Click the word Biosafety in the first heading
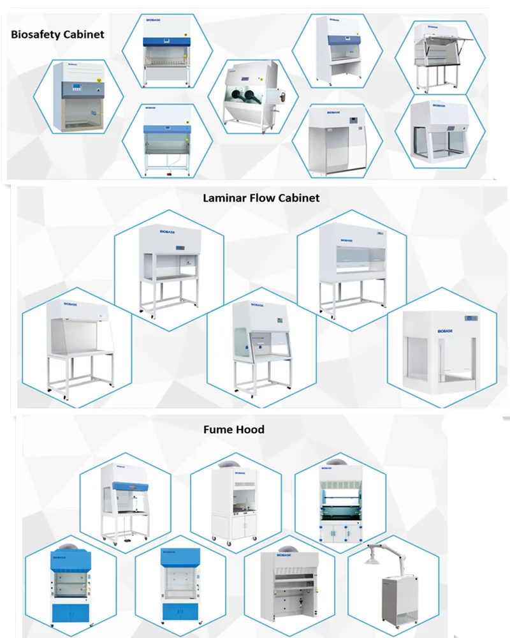click(x=35, y=34)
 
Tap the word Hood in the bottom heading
click(x=251, y=429)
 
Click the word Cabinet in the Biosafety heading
click(x=83, y=34)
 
